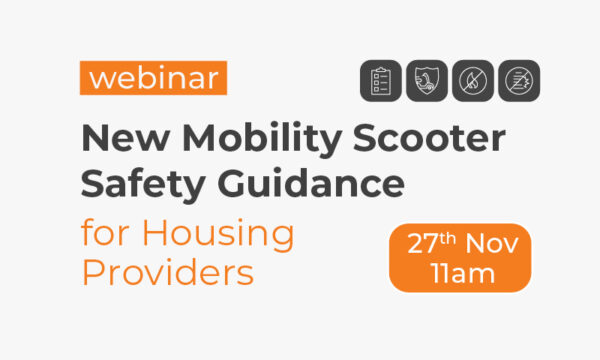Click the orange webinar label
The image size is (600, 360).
[153, 78]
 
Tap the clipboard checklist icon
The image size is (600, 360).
[382, 80]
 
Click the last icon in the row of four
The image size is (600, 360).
[519, 80]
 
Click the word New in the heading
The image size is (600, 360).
[118, 136]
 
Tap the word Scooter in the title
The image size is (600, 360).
[424, 136]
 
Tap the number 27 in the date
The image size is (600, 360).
[421, 243]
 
